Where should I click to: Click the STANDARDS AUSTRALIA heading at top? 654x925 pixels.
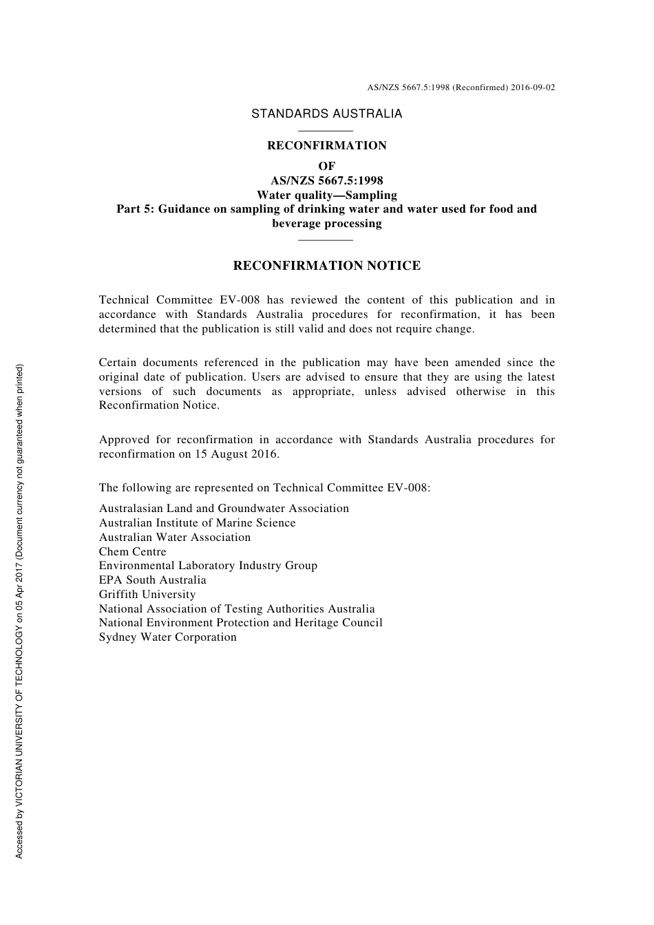(326, 114)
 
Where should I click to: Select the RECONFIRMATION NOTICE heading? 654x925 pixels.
(326, 266)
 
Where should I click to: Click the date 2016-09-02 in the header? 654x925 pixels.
(533, 87)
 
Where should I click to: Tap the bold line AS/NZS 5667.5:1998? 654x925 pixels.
(326, 180)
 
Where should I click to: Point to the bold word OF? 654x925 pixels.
(326, 166)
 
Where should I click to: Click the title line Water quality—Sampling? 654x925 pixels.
(326, 195)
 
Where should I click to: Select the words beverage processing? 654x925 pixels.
(326, 223)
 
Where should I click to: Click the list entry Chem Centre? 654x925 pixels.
(132, 551)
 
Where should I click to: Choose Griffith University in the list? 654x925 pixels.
(147, 594)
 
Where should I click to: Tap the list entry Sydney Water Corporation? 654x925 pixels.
(167, 637)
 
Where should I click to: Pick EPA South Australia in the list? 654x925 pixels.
(152, 580)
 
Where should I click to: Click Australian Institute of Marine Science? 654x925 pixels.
(197, 522)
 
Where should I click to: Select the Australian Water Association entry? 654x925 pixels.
(174, 537)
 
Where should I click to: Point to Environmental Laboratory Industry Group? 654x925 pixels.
(208, 565)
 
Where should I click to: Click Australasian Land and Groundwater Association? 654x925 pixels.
(224, 508)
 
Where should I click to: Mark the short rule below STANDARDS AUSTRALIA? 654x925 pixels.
(326, 130)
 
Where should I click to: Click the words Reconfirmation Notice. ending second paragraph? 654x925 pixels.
(159, 405)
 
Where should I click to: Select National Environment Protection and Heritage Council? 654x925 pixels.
(240, 622)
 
